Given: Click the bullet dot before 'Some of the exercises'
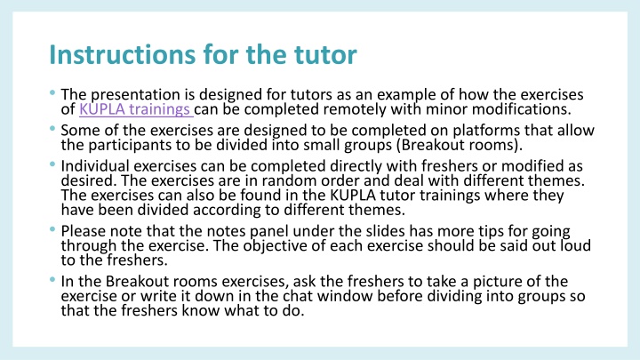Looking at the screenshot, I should pos(55,130).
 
